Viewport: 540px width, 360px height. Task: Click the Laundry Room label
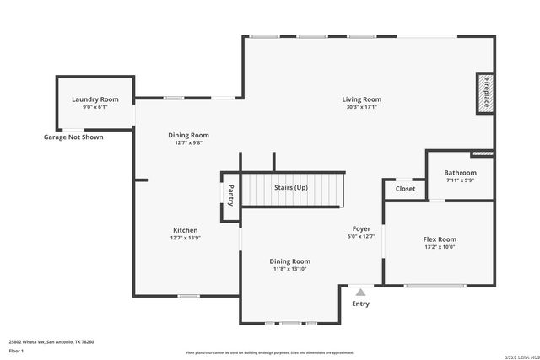(x=94, y=99)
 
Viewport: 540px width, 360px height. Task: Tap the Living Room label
(x=362, y=99)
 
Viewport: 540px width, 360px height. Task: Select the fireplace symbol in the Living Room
(x=485, y=93)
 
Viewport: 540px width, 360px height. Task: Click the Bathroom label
(x=460, y=173)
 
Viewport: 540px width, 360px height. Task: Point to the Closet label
(x=406, y=189)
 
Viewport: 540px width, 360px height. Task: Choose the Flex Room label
(x=440, y=239)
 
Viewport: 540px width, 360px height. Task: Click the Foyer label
(x=361, y=228)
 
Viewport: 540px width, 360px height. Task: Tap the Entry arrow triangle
(x=360, y=292)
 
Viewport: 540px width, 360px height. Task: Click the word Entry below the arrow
(x=360, y=304)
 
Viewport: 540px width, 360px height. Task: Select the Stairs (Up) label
(x=291, y=187)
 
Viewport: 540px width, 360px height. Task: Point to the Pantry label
(x=230, y=196)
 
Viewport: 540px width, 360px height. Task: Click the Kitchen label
(x=186, y=230)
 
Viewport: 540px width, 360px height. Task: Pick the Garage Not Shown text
(x=73, y=137)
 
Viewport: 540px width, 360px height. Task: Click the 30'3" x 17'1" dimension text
(x=362, y=107)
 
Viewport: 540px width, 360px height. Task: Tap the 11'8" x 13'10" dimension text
(x=290, y=269)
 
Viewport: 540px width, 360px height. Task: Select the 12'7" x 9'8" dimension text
(x=189, y=142)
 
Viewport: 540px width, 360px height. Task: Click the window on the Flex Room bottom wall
(x=435, y=286)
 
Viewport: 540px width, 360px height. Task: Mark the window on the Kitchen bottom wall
(x=187, y=296)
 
